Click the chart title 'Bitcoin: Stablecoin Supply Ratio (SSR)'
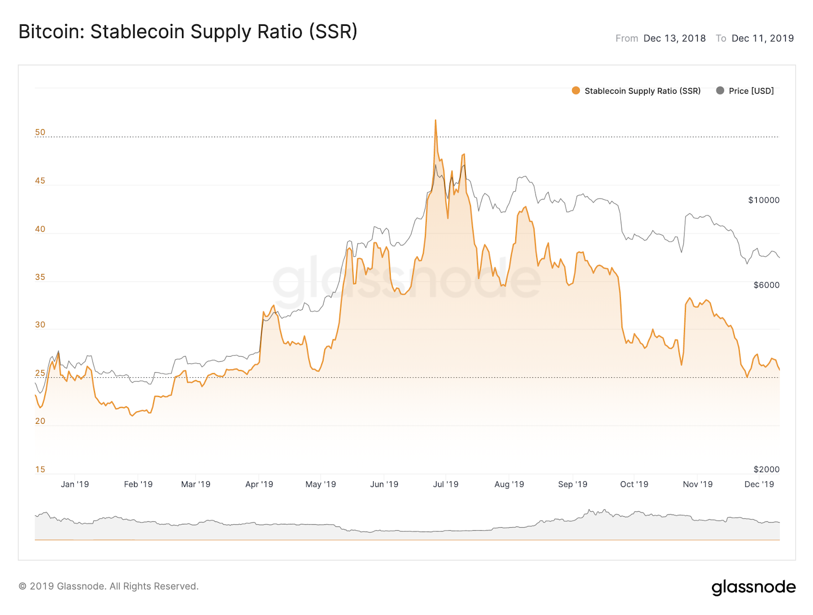[188, 32]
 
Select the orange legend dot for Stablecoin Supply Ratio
[576, 90]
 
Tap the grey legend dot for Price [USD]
[720, 90]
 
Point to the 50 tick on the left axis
[40, 132]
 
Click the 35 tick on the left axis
[40, 277]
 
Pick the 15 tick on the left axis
[40, 469]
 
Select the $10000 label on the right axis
[763, 200]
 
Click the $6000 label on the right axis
[766, 285]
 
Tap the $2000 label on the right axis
[766, 469]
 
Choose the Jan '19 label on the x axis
[75, 484]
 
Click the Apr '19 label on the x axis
[259, 484]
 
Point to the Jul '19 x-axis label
[446, 484]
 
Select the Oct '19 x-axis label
[634, 484]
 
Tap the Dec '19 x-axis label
[759, 484]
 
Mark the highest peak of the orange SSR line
[435, 120]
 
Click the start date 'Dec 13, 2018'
[674, 38]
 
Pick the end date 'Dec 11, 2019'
[762, 38]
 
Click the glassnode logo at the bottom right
[754, 587]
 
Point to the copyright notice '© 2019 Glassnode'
[108, 586]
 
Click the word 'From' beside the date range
[627, 38]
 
